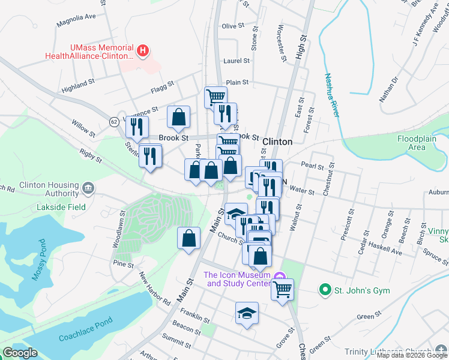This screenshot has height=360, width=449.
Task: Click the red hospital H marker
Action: pyautogui.click(x=143, y=52)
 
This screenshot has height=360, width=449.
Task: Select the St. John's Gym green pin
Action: pyautogui.click(x=325, y=290)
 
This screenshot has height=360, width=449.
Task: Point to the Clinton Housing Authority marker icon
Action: pyautogui.click(x=88, y=189)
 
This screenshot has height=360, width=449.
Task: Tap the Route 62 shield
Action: pyautogui.click(x=113, y=122)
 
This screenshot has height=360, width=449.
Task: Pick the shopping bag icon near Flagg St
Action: pyautogui.click(x=178, y=117)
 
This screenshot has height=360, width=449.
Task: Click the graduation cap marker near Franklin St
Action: pyautogui.click(x=246, y=313)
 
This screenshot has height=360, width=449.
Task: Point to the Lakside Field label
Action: pyautogui.click(x=60, y=207)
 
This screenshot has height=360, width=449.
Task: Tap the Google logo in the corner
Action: pyautogui.click(x=20, y=353)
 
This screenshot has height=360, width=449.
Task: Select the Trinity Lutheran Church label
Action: pyautogui.click(x=387, y=352)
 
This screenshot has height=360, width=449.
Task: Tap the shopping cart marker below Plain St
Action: pyautogui.click(x=215, y=96)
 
